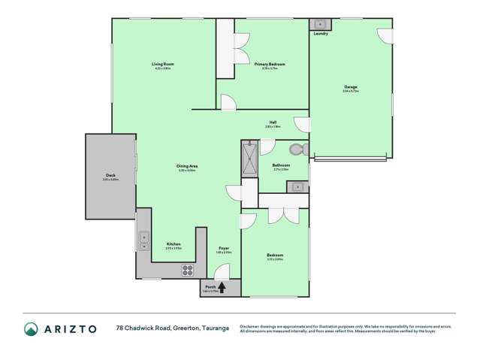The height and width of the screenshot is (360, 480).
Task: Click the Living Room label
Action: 163,65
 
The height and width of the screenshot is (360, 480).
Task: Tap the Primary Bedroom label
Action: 270,65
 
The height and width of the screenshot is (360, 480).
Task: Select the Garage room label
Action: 350,86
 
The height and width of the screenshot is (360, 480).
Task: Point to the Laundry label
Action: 321,34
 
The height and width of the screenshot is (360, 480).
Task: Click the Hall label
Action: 273,123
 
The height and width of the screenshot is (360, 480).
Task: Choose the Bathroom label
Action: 281,165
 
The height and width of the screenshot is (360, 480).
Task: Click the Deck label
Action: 110,176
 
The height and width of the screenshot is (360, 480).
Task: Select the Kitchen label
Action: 174,244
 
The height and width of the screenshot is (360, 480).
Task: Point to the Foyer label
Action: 223,249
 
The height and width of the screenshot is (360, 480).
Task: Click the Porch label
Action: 210,286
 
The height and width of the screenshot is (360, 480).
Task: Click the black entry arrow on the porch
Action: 222,286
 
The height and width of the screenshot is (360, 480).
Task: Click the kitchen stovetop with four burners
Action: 187,271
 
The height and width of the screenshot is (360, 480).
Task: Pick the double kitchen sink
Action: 143,241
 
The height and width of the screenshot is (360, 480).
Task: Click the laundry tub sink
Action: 318,25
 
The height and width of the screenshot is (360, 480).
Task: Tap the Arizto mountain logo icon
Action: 31,328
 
